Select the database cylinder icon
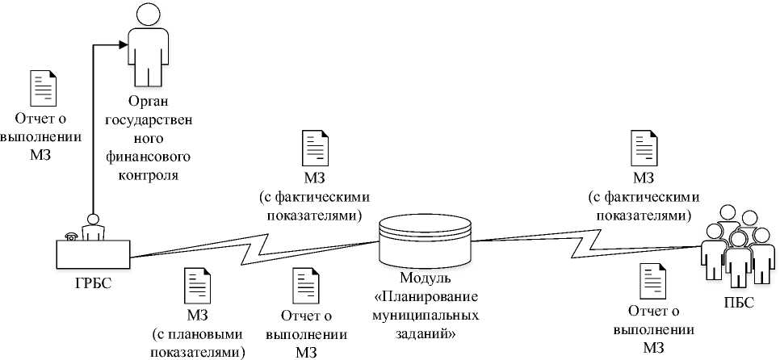coord(425,239)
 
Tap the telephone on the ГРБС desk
coord(71,236)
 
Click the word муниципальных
coord(425,316)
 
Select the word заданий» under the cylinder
coord(425,333)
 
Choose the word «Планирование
coord(425,298)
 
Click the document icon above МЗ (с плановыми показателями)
coord(197,287)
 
